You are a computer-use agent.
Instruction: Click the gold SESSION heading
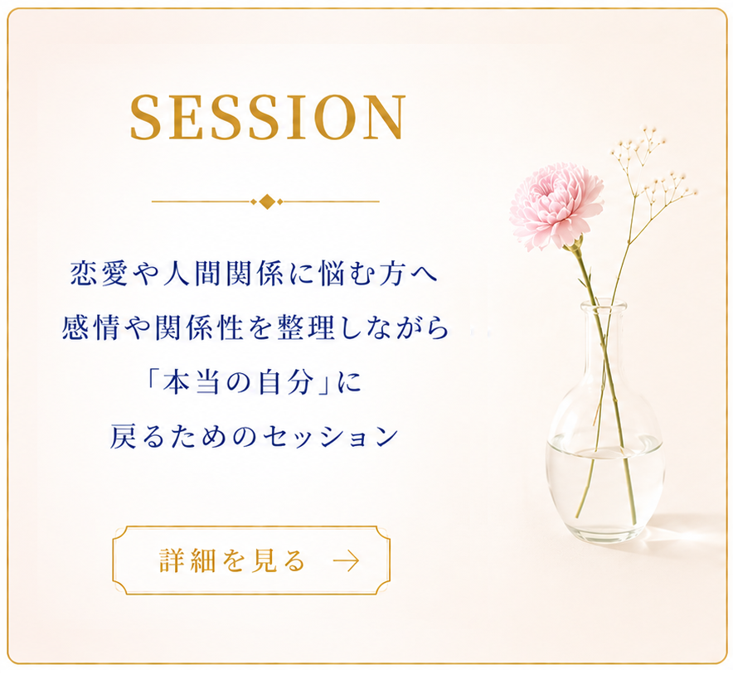(x=267, y=118)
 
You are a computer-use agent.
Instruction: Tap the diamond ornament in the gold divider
(x=266, y=201)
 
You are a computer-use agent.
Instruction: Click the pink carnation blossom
(x=556, y=206)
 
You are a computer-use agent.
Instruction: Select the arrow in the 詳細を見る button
(x=346, y=560)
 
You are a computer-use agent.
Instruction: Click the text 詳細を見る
(x=232, y=560)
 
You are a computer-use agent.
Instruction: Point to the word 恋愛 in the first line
(x=99, y=274)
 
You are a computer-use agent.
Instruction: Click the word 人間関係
(x=223, y=274)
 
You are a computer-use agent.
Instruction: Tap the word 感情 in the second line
(x=90, y=327)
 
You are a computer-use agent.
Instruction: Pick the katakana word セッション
(x=331, y=437)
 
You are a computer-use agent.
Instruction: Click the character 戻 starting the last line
(x=124, y=437)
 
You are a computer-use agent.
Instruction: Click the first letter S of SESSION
(x=147, y=118)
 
